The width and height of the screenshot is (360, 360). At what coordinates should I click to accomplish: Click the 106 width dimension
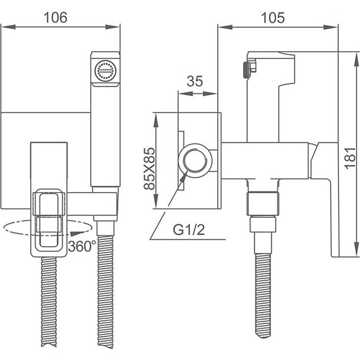pos(56,18)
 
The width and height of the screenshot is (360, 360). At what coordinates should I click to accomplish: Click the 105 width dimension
pos(273,18)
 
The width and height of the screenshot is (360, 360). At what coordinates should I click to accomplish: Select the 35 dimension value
pos(195,81)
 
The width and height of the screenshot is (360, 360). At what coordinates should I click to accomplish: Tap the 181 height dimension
pos(351,159)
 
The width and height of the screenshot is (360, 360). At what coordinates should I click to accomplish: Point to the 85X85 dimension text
pos(149,168)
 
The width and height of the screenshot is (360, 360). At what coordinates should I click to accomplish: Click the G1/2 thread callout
pos(189,230)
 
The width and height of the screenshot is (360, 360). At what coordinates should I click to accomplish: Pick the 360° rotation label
pos(82,246)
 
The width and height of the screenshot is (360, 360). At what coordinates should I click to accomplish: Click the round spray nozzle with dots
pos(105,71)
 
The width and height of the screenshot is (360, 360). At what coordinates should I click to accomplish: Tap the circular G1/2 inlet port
pos(196,160)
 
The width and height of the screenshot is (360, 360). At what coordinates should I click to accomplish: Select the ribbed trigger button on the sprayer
pos(246,70)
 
